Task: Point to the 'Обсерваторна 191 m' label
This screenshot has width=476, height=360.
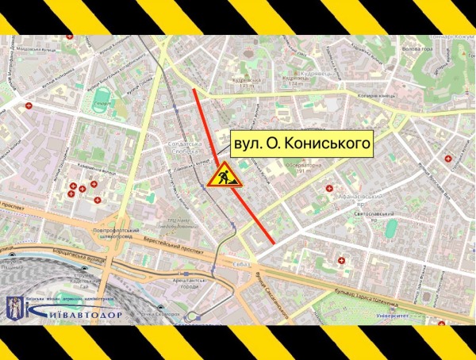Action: [x=302, y=167]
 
